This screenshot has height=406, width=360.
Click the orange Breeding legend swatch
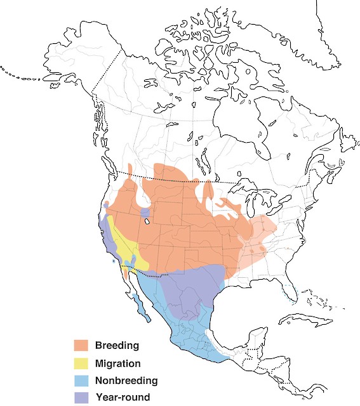[x=81, y=346]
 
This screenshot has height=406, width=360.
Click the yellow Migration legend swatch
[x=81, y=363]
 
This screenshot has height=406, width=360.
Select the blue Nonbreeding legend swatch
[x=81, y=381]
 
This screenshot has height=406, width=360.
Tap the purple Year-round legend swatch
[x=81, y=398]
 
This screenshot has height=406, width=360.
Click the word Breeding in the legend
[x=117, y=346]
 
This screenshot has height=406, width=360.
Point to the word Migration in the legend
[x=117, y=363]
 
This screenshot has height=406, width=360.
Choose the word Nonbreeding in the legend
[x=126, y=381]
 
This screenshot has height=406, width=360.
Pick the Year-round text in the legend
[x=123, y=398]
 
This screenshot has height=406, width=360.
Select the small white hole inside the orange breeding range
[x=146, y=222]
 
